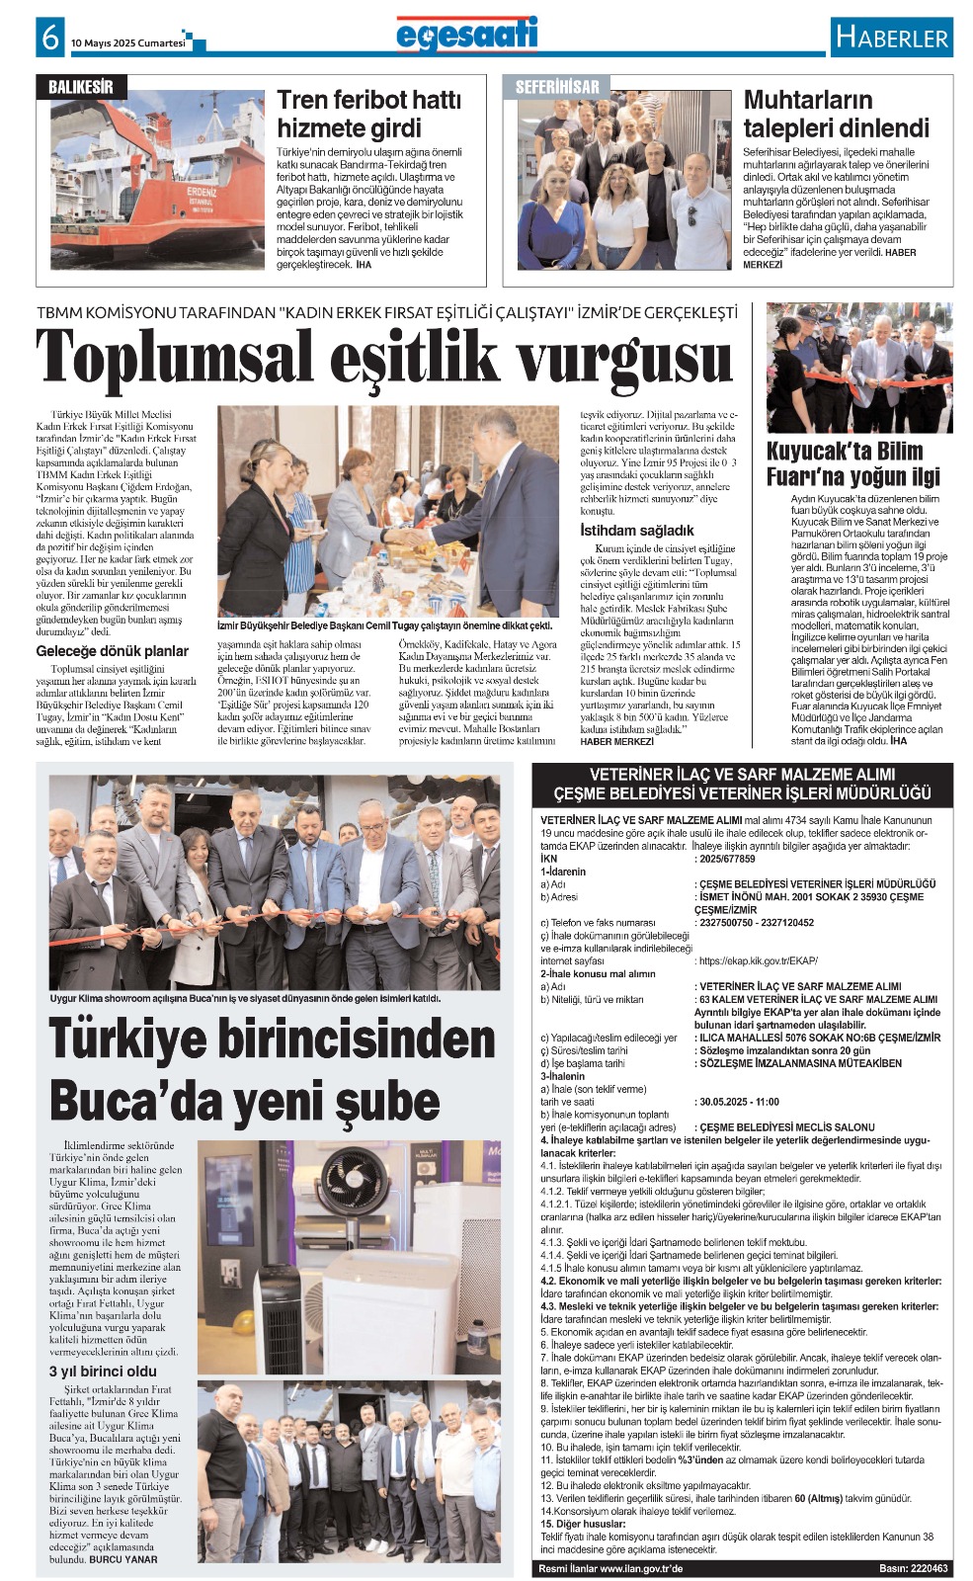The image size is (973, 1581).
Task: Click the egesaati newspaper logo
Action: pos(466,34)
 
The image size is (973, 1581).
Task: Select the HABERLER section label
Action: pos(891,39)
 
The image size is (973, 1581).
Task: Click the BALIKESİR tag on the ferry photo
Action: pos(81,87)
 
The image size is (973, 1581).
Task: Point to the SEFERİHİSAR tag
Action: pos(557,87)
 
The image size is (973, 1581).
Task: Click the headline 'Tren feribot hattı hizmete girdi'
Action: pos(368,114)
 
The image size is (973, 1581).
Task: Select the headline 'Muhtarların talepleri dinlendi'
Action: pos(836,114)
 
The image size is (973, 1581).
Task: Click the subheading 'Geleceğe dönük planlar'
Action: pos(112,651)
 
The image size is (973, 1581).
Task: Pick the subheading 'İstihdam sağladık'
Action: pos(636,531)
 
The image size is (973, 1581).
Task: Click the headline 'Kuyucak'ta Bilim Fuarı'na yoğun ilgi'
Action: pos(852,464)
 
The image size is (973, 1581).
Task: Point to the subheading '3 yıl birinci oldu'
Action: pos(103,1372)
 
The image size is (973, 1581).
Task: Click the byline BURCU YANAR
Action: pos(123,1559)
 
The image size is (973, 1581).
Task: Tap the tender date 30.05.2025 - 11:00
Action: pos(738,1102)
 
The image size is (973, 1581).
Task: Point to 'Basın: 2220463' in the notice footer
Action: pos(913,1568)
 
